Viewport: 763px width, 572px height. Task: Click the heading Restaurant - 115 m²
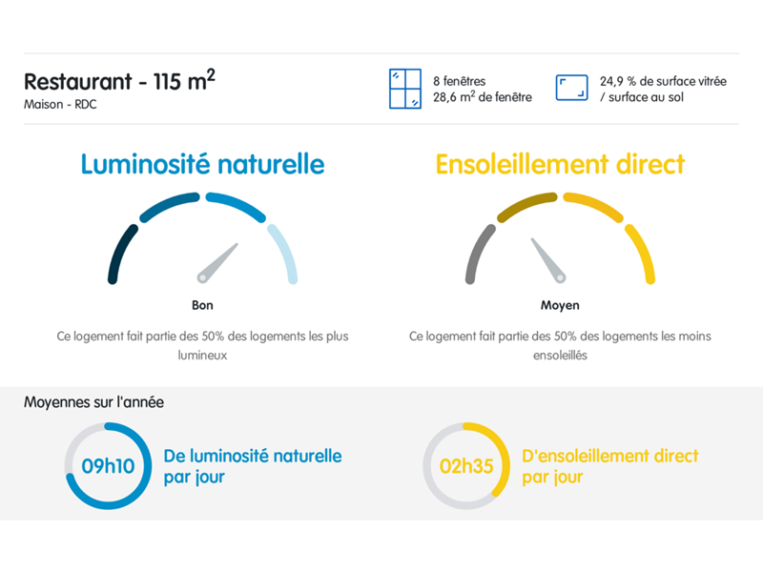pos(119,80)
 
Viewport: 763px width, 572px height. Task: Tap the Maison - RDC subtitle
pos(60,104)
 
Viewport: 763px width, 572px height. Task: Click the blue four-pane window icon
pos(404,89)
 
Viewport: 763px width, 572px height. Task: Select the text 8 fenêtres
pos(460,81)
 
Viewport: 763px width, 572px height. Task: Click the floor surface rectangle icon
pos(571,88)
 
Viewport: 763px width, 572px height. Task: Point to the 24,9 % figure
pos(617,81)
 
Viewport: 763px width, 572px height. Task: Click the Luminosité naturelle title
pos(202,164)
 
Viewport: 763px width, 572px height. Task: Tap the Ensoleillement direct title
pos(560,164)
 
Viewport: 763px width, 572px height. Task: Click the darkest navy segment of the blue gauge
pos(119,252)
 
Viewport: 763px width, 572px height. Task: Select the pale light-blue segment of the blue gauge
pos(285,252)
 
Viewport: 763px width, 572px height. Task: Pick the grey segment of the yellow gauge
pos(478,252)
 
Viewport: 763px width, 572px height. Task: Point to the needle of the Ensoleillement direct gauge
pos(547,260)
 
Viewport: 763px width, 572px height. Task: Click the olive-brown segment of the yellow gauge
pos(526,204)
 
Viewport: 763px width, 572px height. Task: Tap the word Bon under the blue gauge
pos(202,305)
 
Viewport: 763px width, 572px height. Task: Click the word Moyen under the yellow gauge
pos(560,305)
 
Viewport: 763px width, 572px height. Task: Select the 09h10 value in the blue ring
pos(108,466)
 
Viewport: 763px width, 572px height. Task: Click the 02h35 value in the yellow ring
pos(466,466)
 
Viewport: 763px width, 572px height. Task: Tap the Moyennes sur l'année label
pos(93,402)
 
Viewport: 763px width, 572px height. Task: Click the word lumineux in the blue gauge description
pos(202,355)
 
